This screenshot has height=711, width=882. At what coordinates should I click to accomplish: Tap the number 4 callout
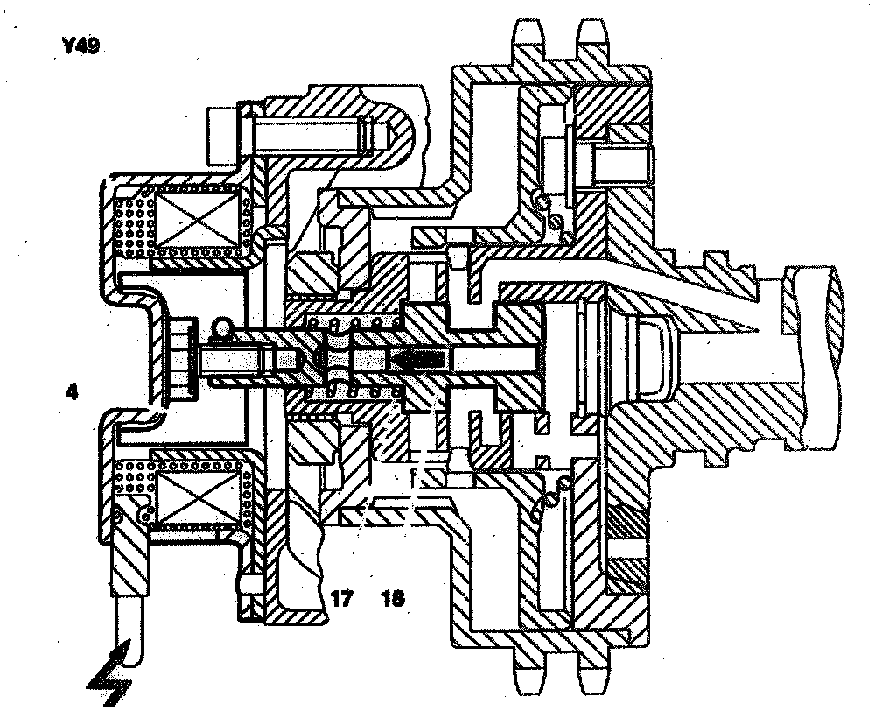point(73,393)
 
